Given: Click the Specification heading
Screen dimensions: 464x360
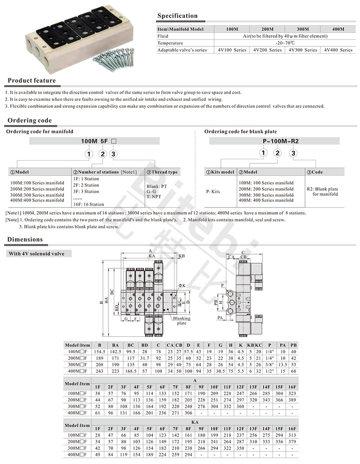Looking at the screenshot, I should pyautogui.click(x=177, y=16).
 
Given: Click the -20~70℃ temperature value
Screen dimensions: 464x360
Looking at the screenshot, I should pyautogui.click(x=284, y=43).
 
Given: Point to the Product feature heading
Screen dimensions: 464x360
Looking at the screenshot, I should pyautogui.click(x=31, y=81).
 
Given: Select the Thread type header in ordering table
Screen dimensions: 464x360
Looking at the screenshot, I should pyautogui.click(x=164, y=172).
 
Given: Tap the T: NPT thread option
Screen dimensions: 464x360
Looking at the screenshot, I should pyautogui.click(x=153, y=197).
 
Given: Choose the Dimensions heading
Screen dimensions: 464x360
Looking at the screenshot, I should pyautogui.click(x=25, y=239).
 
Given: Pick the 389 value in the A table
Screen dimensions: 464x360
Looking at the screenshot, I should pyautogui.click(x=292, y=400).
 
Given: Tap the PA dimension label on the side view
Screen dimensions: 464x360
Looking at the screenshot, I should pyautogui.click(x=220, y=318).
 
